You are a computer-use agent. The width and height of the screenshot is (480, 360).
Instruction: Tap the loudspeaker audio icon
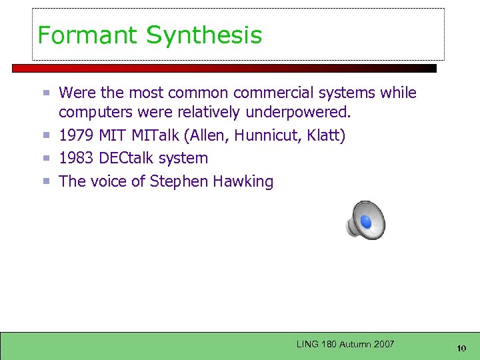[x=366, y=220]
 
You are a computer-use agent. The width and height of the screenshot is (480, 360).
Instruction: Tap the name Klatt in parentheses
[x=326, y=136]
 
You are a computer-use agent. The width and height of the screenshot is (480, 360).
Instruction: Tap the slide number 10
[x=461, y=348]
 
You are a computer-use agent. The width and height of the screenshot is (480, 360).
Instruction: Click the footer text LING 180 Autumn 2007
[x=345, y=344]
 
